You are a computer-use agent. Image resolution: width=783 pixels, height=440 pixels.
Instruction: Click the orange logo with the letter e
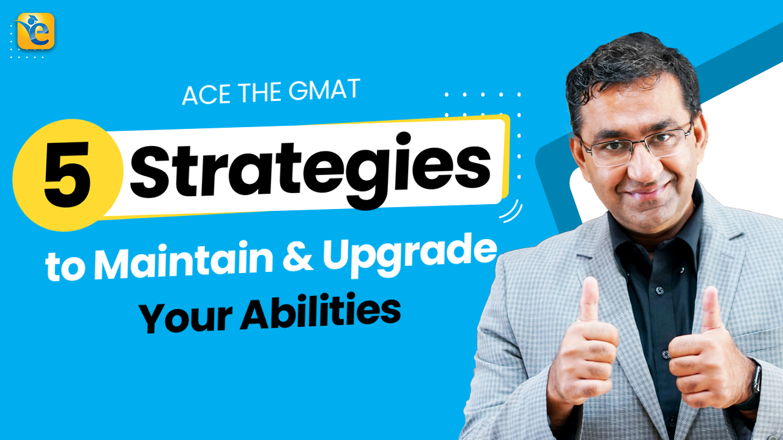tap(36, 31)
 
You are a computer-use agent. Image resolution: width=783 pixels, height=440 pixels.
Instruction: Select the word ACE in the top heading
tap(204, 95)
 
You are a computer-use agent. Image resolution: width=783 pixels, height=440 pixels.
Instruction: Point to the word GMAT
tap(331, 90)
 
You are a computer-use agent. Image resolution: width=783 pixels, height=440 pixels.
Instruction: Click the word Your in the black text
tap(184, 318)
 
